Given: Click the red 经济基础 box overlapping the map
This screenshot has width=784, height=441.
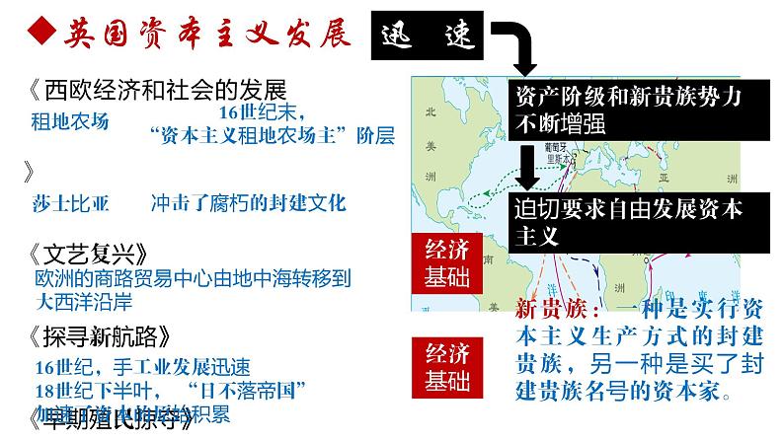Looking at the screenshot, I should click(444, 261).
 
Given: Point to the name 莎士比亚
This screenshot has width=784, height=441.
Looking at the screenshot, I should click(70, 204).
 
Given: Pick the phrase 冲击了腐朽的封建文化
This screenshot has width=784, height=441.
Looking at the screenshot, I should click(249, 204).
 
